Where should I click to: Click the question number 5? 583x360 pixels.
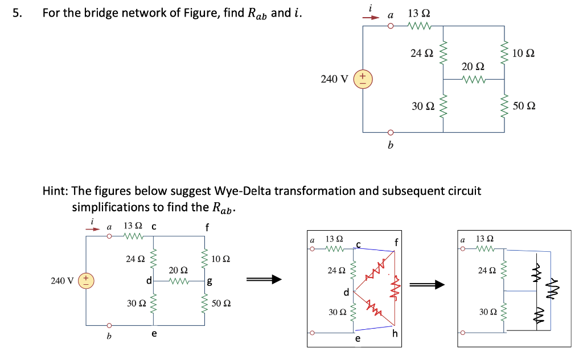tap(17, 13)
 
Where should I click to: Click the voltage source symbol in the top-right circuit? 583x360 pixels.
tap(363, 79)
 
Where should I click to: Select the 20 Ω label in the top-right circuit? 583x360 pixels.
tap(472, 67)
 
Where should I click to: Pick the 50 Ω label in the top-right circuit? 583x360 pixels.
tap(524, 106)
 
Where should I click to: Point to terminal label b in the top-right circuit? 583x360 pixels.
tap(390, 146)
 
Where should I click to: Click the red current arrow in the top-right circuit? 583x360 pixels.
tap(371, 17)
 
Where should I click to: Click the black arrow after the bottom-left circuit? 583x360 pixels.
tap(264, 279)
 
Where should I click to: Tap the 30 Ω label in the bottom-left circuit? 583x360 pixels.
tap(136, 302)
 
